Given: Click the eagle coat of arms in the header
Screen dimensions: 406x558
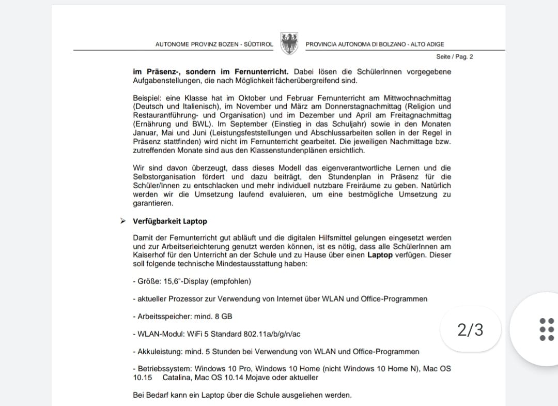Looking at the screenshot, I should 289,43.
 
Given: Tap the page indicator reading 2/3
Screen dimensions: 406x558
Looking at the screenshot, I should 470,329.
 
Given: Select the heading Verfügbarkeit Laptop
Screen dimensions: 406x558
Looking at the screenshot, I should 170,221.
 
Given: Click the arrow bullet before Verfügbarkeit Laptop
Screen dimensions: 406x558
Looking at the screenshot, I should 123,221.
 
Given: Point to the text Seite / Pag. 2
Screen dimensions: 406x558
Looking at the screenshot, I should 455,57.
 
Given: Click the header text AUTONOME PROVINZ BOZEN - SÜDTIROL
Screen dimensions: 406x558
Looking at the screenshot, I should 214,44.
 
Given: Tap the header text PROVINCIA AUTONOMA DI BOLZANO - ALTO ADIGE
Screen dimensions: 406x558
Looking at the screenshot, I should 375,44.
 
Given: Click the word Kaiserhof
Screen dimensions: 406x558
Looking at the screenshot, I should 150,255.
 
